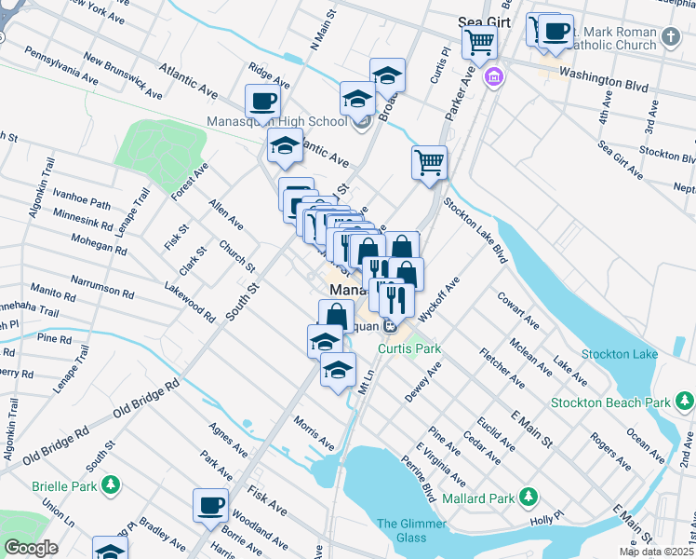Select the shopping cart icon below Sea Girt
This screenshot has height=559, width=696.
pos(480,41)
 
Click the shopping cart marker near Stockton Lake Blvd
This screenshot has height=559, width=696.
pos(429,162)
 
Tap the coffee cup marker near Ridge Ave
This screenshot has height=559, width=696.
pos(262,101)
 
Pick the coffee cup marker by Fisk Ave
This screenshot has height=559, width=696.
pos(210,505)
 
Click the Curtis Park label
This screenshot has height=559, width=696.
pos(408,348)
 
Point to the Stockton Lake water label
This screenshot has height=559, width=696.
pos(620,354)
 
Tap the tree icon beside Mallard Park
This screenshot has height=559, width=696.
pos(529,495)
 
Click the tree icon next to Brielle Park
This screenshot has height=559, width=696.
pos(111,484)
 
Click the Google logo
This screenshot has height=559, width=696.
pos(31,548)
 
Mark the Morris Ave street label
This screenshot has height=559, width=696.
pos(314,428)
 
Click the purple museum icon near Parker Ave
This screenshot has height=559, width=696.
pos(490,75)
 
